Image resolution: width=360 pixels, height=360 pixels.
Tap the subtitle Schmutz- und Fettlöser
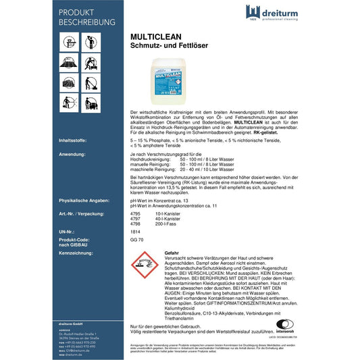[x=168, y=50]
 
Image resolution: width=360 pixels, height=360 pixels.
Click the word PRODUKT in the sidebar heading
[x=78, y=13]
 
